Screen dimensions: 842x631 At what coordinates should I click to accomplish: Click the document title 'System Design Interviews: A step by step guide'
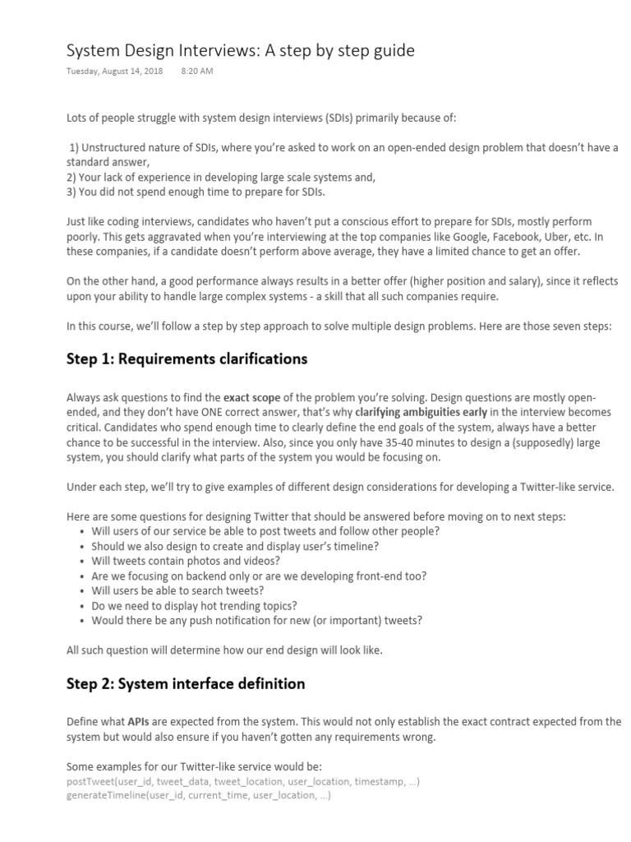(240, 51)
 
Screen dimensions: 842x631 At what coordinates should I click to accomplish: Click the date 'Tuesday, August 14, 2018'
(114, 72)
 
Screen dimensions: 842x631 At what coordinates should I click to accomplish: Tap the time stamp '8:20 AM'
(196, 72)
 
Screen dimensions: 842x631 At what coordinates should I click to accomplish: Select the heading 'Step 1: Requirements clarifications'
(187, 359)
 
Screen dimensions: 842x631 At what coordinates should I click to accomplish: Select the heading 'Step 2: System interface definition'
(185, 683)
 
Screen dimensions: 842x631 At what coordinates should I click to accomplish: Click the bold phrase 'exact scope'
(252, 398)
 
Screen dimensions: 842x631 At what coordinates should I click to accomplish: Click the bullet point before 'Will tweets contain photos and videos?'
(83, 561)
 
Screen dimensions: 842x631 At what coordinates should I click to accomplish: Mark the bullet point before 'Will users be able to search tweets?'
(83, 590)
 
